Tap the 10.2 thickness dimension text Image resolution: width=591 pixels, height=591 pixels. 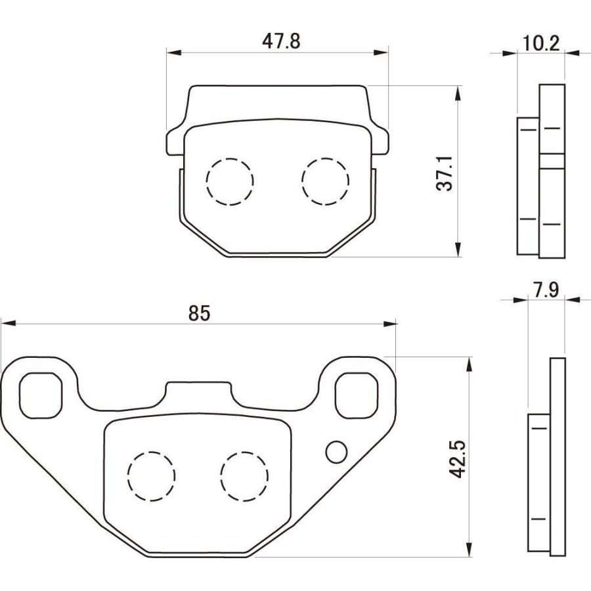pyautogui.click(x=541, y=44)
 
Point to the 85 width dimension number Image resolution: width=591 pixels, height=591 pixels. pyautogui.click(x=199, y=313)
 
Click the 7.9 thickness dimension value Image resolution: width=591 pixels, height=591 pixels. pyautogui.click(x=546, y=290)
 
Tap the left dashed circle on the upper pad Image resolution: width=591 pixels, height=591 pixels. pyautogui.click(x=229, y=182)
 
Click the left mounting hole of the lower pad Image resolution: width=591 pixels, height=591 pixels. pyautogui.click(x=41, y=395)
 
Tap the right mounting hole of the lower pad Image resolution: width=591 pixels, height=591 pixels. pyautogui.click(x=358, y=395)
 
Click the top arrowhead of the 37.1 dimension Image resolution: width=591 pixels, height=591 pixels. pyautogui.click(x=458, y=92)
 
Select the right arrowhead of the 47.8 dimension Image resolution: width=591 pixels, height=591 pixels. pyautogui.click(x=382, y=51)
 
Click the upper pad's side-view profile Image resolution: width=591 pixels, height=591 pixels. pyautogui.click(x=542, y=171)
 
